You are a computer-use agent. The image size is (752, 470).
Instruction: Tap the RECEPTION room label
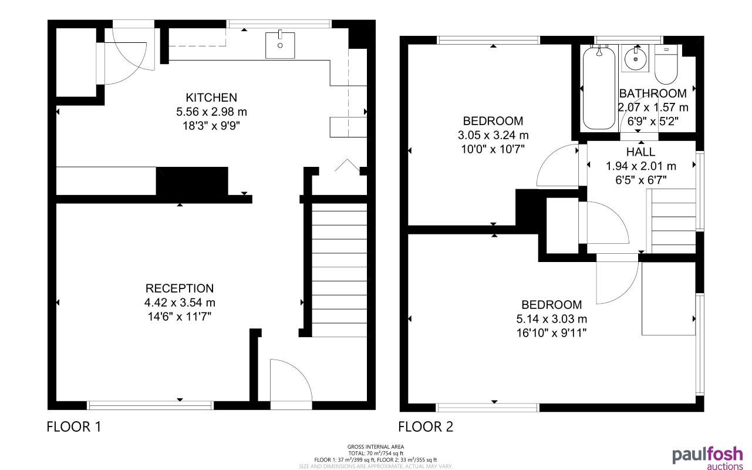[180, 288]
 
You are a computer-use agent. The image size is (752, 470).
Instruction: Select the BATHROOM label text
[653, 93]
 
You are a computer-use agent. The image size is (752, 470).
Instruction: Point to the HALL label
[640, 152]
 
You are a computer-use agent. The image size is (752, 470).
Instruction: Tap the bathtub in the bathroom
[598, 88]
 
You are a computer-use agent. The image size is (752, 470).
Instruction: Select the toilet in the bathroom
[666, 66]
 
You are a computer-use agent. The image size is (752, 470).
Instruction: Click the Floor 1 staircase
[339, 270]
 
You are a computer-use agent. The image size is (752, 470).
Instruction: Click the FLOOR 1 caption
[74, 427]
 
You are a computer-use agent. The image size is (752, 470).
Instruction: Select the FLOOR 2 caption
[426, 427]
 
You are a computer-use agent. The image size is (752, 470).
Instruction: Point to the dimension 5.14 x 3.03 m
[552, 319]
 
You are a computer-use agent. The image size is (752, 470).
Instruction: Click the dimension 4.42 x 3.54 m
[180, 303]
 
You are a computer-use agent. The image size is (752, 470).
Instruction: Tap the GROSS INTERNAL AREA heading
[376, 447]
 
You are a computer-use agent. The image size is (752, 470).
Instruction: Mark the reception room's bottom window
[150, 405]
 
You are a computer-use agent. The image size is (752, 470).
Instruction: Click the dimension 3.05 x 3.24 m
[493, 135]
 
